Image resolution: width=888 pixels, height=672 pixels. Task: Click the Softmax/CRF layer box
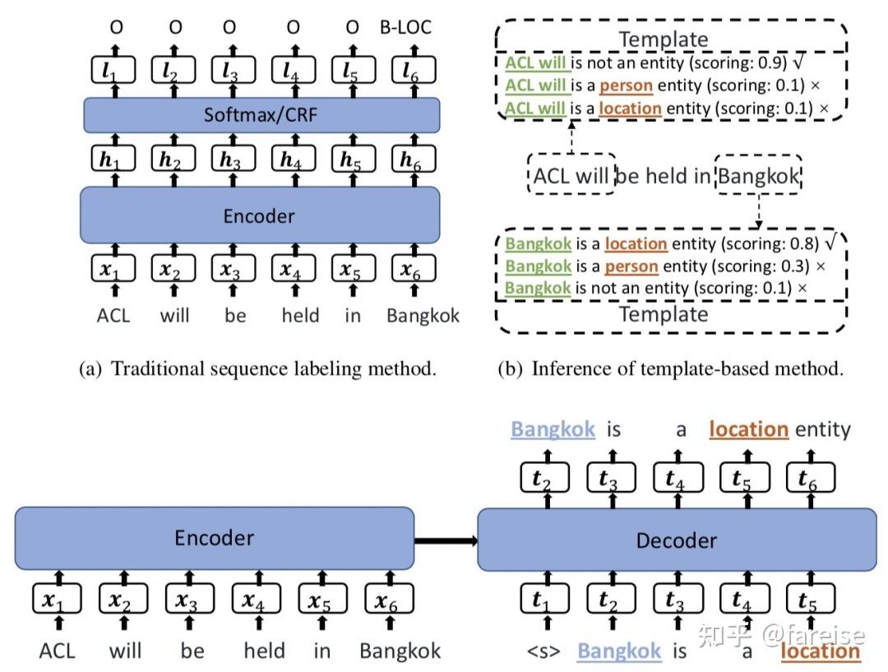tap(261, 115)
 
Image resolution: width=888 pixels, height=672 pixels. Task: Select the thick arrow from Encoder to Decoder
tap(445, 540)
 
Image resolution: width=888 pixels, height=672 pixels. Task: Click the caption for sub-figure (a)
tap(257, 368)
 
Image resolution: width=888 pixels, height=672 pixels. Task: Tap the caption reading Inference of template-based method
tap(671, 368)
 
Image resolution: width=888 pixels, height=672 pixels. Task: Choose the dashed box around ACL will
tap(571, 174)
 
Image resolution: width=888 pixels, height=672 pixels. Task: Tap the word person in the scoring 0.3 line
tap(631, 266)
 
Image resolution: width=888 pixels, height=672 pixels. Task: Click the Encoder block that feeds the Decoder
tap(214, 538)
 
